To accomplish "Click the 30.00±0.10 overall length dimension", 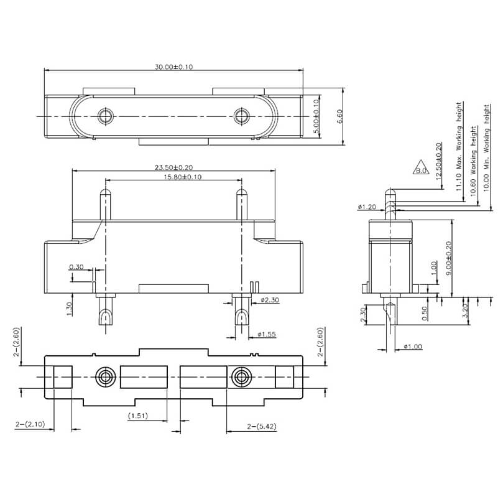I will (x=173, y=67).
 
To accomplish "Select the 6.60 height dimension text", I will (x=339, y=116).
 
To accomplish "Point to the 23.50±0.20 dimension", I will (x=173, y=167).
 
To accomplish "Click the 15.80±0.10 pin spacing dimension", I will (x=173, y=177).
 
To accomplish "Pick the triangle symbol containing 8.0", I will (x=421, y=169).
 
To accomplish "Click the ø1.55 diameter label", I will (x=267, y=335).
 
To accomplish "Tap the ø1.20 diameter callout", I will (x=367, y=207).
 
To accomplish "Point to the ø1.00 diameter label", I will (x=413, y=346).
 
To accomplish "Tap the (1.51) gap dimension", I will (x=137, y=416).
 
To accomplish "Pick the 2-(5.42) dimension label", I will (x=261, y=426).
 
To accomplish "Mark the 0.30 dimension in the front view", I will (x=77, y=266).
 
